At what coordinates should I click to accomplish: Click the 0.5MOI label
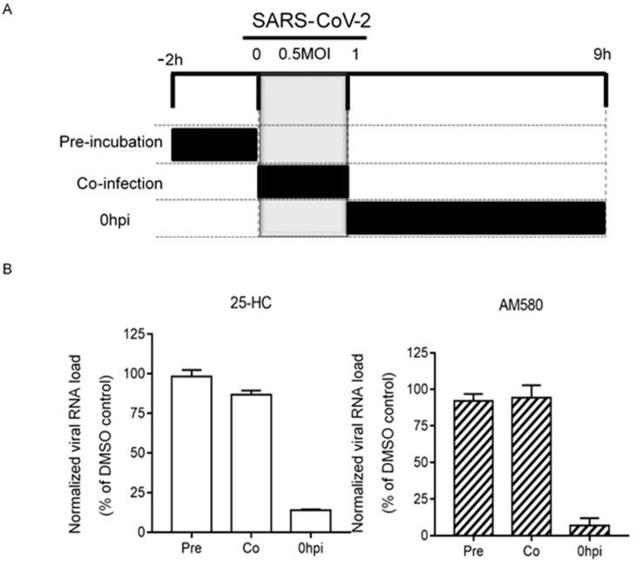point(302,55)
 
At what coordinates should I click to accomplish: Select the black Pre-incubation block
point(215,144)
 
